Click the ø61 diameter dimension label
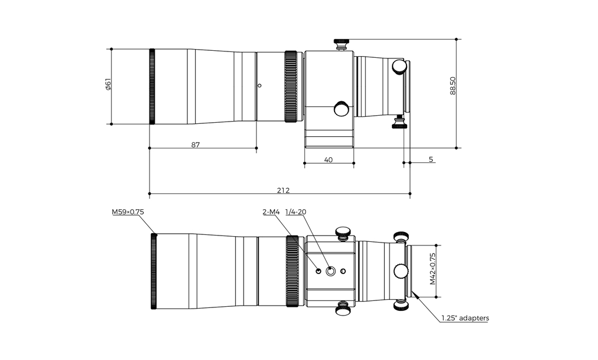108,84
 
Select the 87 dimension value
195,145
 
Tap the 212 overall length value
283,190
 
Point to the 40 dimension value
328,160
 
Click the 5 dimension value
431,160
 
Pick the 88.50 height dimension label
453,86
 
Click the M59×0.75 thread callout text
128,212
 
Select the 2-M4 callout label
271,212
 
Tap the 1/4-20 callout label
296,212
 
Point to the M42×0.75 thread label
433,269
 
